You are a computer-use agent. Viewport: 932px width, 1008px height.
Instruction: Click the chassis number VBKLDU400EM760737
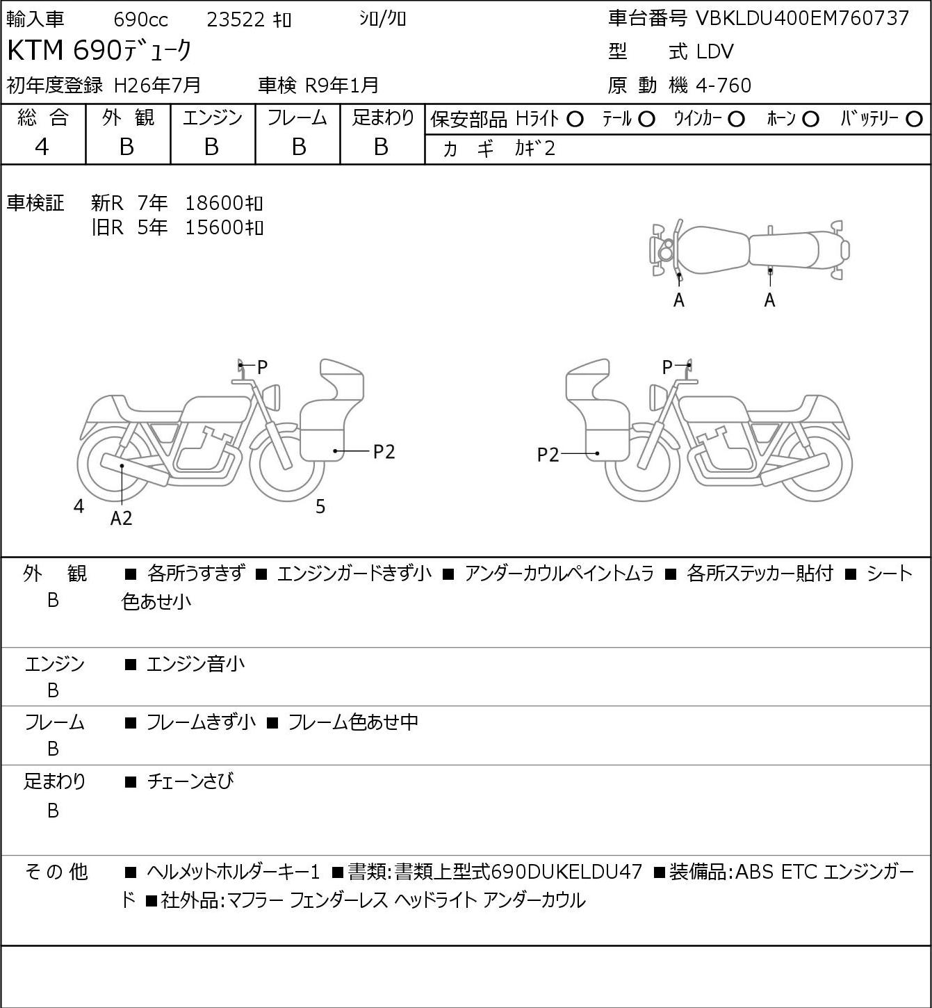pos(802,18)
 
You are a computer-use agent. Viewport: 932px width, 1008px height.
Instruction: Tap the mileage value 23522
pos(236,19)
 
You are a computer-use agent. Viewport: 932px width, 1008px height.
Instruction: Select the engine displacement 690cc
pos(140,19)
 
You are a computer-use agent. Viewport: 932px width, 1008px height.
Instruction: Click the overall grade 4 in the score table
pos(42,147)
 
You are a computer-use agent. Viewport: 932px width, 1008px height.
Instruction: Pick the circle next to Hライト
pos(575,120)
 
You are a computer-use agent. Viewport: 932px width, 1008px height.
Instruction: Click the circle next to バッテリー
pos(914,120)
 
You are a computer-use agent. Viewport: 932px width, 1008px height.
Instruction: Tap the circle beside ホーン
pos(810,120)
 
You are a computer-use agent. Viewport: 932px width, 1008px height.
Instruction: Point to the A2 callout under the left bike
pos(122,518)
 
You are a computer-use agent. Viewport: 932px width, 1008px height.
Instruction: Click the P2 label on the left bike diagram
pos(384,451)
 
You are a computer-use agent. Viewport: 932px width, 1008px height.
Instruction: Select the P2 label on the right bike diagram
pos(548,455)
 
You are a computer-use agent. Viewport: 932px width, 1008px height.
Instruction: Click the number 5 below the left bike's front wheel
pos(320,506)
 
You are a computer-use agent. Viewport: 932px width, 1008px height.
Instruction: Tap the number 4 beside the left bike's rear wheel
pos(79,506)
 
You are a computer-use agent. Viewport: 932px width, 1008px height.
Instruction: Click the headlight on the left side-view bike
pos(272,397)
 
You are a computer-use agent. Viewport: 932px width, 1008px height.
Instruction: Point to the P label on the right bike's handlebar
pos(667,366)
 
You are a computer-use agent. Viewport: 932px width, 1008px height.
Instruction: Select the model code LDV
pos(714,51)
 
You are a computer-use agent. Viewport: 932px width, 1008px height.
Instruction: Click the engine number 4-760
pos(723,86)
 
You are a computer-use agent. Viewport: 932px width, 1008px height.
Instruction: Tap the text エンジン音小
pos(195,664)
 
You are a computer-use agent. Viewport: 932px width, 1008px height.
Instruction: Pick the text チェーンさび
pos(190,781)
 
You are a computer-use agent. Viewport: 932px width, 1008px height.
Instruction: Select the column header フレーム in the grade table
pos(297,117)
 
